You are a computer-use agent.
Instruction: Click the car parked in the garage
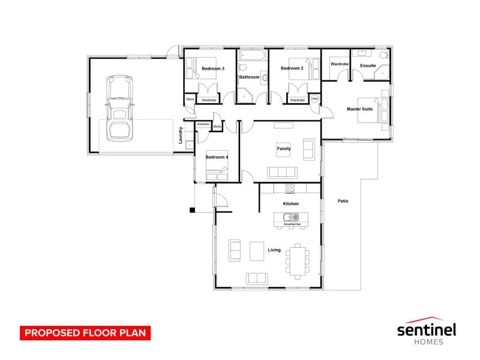pos(119,108)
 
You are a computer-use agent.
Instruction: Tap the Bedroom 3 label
pos(213,69)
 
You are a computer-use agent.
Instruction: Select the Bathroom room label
pos(249,77)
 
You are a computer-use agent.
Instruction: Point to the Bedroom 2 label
pos(292,68)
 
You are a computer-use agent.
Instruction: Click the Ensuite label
pos(368,65)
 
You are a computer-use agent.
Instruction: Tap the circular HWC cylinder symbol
pos(314,99)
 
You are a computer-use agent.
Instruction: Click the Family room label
pos(284,148)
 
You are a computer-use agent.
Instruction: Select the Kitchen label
pos(291,204)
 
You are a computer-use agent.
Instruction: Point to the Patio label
pos(343,201)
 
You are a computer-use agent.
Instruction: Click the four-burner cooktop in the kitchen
pos(290,188)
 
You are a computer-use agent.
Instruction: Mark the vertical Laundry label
pos(181,135)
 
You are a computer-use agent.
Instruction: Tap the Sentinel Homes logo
pos(427,331)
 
